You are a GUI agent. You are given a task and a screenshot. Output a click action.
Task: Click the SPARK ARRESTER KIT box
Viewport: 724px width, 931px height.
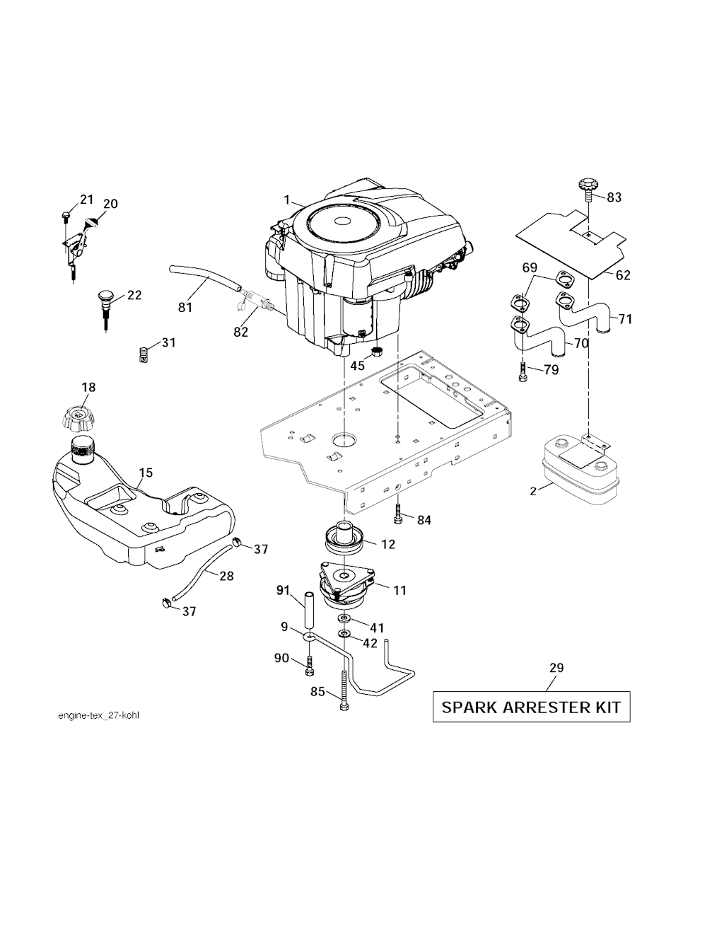tap(531, 707)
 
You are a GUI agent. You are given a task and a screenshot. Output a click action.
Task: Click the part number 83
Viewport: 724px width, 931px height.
tap(614, 197)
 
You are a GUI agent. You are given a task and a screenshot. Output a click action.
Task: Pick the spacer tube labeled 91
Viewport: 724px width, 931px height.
tap(309, 608)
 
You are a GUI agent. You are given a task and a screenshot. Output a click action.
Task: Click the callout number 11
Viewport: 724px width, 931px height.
tap(399, 589)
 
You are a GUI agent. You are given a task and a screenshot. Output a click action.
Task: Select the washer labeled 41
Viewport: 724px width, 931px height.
tap(345, 619)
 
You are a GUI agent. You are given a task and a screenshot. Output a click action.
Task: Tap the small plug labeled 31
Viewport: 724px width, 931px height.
tap(144, 352)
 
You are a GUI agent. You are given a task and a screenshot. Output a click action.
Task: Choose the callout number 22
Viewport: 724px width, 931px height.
tap(134, 294)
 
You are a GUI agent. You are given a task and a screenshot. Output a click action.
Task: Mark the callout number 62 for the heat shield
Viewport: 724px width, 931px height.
tap(622, 275)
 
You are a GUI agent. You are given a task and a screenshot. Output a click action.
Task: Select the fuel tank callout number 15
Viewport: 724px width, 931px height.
tap(146, 472)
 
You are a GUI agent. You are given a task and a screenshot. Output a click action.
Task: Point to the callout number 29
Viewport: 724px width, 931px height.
tap(556, 667)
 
